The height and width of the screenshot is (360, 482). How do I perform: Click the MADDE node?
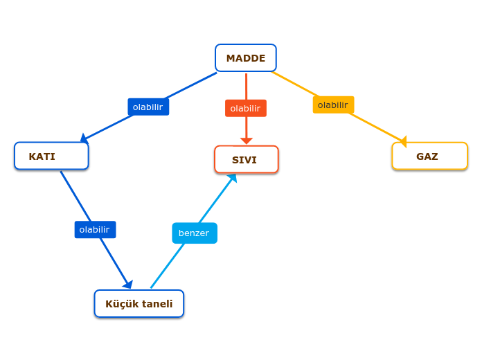(246, 58)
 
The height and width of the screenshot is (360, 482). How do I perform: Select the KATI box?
(51, 156)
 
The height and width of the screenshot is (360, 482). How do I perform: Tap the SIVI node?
(247, 159)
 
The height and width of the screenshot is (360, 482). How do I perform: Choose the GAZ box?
(429, 156)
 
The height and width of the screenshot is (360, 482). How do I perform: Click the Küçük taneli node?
(139, 303)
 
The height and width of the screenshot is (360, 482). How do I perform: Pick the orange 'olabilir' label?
(246, 108)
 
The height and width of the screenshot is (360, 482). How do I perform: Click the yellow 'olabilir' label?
(333, 105)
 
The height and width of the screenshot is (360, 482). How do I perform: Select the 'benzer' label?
(195, 233)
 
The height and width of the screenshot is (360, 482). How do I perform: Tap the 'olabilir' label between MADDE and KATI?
(148, 107)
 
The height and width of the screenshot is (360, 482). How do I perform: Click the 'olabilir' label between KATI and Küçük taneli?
(95, 230)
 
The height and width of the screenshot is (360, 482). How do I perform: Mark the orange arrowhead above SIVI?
(246, 141)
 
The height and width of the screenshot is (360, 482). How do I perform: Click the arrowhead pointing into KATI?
(84, 138)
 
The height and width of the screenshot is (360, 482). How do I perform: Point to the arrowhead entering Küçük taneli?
(127, 284)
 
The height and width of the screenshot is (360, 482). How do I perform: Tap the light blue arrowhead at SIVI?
(233, 178)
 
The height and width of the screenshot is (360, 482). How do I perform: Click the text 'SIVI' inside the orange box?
(244, 160)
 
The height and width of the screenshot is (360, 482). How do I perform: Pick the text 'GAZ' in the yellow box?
(427, 156)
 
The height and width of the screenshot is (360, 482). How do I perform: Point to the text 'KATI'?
(42, 156)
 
